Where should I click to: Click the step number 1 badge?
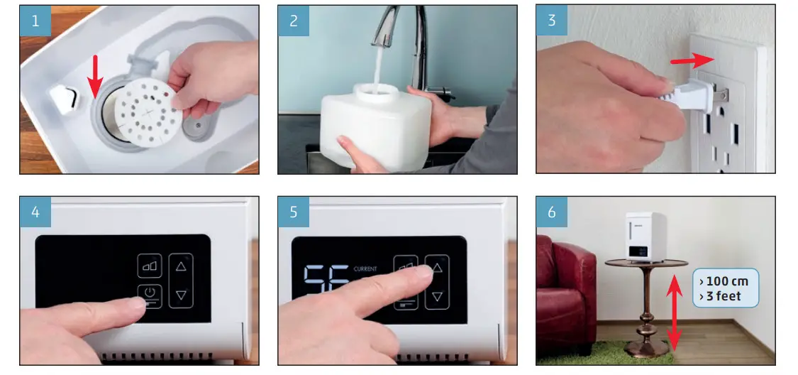[x=35, y=21]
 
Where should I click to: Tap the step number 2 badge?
[x=293, y=21]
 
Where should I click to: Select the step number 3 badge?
[x=552, y=21]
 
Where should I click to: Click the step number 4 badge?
[x=35, y=212]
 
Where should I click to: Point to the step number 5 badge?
[x=293, y=212]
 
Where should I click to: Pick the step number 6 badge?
[x=552, y=212]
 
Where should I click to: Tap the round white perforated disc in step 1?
[x=148, y=113]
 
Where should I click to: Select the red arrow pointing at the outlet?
[x=692, y=60]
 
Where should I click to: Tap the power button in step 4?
[x=150, y=295]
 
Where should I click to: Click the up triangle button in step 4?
[x=181, y=266]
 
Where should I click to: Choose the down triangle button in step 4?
[x=181, y=295]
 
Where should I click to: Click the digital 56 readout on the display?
[x=326, y=278]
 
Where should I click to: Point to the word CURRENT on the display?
[x=365, y=269]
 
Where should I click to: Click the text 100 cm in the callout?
[x=724, y=281]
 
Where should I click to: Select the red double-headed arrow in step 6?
[x=675, y=312]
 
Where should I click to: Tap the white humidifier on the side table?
[x=645, y=237]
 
